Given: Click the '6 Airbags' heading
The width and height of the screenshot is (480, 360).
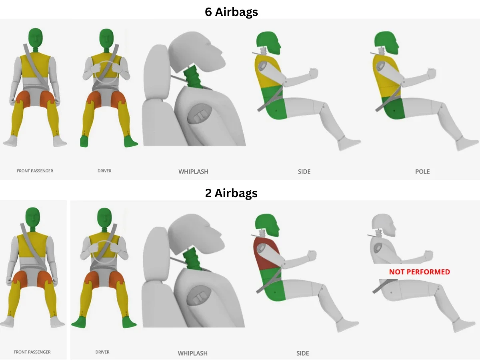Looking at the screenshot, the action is coord(231,12).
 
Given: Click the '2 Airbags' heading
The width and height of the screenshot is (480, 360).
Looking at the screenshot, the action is coord(231,193).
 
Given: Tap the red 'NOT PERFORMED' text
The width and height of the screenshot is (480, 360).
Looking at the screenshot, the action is coord(420,272).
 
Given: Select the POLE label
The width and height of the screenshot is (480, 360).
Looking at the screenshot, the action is coord(422,172).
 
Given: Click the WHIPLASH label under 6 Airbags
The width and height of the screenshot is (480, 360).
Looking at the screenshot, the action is coord(193,172).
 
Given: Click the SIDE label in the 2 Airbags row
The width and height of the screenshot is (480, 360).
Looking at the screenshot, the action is coord(303,353).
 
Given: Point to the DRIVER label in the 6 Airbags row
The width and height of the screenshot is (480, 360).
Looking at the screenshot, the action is coord(104,171).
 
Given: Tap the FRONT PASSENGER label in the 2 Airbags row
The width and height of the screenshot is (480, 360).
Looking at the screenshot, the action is coord(32,352).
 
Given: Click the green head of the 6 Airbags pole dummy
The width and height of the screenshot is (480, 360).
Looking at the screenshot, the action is coord(386,43).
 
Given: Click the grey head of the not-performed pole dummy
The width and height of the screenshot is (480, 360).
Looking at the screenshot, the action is coord(383,225).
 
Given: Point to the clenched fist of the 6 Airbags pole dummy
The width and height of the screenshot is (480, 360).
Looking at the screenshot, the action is coord(431,74).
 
